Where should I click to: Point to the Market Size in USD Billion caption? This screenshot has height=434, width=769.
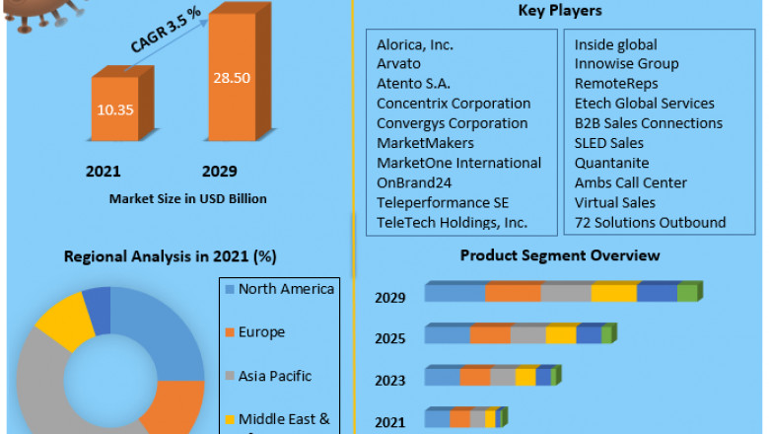coord(188,198)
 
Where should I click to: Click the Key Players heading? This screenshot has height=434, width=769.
coord(560,11)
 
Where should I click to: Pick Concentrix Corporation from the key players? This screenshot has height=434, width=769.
coord(454,104)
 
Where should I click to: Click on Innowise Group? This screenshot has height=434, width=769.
coord(626,64)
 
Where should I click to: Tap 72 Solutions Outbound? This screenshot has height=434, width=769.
coord(650,222)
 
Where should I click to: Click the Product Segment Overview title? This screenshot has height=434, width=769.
coord(560,255)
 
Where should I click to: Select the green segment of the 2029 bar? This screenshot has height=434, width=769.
coord(688,293)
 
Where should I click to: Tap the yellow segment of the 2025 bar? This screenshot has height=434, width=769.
coord(561,334)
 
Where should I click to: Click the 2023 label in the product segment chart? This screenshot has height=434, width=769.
coord(389,380)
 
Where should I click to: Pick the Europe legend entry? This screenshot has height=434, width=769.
coord(261,332)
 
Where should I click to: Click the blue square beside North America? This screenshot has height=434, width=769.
coord(230,289)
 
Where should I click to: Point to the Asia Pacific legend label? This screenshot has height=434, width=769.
coord(274,376)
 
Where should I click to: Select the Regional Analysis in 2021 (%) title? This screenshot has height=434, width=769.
coord(170,256)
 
